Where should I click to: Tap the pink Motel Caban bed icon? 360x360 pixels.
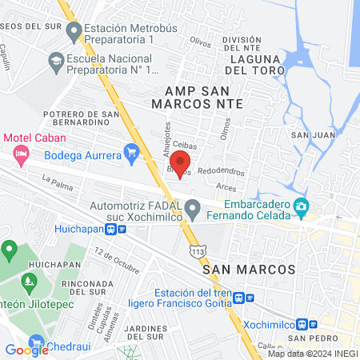point(21,151)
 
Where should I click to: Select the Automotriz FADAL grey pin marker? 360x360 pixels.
point(192,210)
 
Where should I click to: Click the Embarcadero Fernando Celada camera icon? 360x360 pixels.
point(301,207)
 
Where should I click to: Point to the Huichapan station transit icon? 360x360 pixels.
point(122,228)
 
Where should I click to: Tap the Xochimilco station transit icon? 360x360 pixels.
point(302,324)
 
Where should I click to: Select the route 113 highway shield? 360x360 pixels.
point(198,252)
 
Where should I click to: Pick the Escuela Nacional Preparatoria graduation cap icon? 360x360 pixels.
point(56,59)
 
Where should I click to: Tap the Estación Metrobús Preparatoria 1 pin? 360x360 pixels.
point(74,33)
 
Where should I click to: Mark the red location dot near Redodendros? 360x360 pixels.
point(180,175)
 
